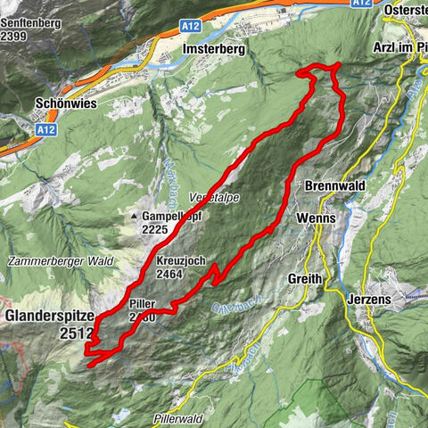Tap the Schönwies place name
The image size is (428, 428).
click(70, 103)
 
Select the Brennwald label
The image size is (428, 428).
click(336, 187)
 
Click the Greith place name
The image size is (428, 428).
click(304, 279)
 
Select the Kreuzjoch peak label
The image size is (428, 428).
click(181, 260)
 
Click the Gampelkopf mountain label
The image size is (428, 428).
click(172, 216)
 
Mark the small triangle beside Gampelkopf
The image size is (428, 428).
click(135, 217)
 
